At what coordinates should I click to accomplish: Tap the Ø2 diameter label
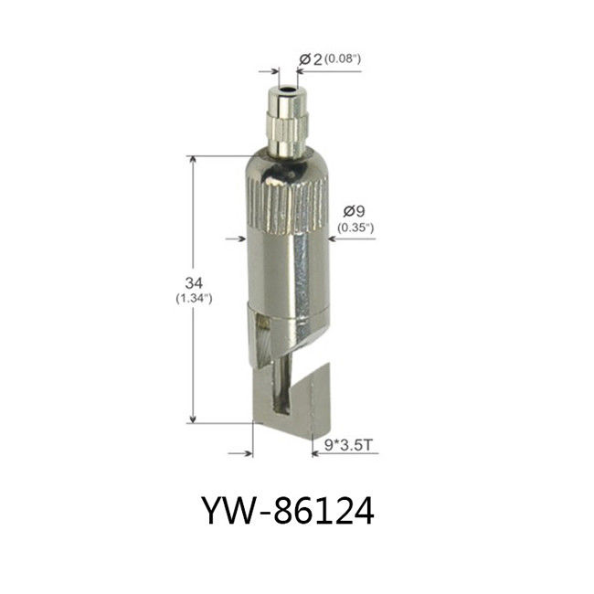[311, 59]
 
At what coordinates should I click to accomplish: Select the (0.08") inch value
[343, 59]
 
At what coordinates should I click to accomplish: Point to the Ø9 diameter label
[355, 210]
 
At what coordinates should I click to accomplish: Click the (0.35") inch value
[355, 228]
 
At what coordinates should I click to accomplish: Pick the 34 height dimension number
[194, 282]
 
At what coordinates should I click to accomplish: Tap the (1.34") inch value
[194, 299]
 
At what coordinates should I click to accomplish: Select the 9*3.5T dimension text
[348, 445]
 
